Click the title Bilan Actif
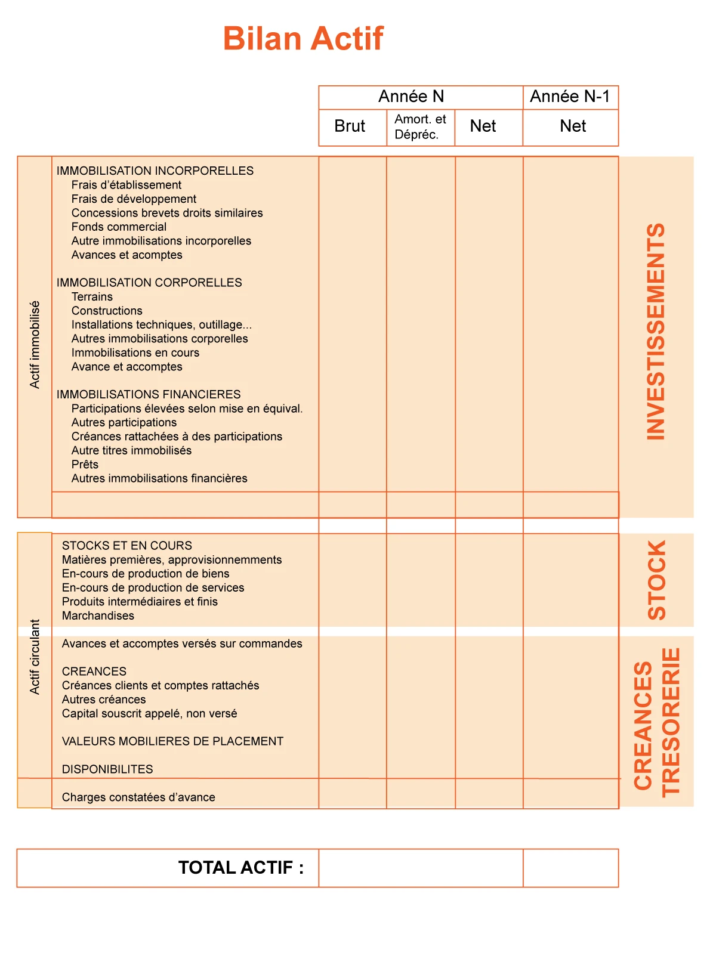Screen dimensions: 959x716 pos(303,39)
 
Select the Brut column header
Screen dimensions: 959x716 pos(350,126)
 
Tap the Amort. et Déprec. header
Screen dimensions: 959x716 pos(420,126)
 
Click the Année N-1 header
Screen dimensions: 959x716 pos(570,97)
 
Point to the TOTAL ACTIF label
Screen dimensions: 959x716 pos(240,867)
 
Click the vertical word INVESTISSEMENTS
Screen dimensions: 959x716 pos(656,332)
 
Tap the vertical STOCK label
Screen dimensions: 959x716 pos(656,580)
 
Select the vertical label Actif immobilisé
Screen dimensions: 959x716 pos(35,345)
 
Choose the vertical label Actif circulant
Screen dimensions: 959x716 pos(35,657)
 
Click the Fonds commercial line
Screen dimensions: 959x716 pos(119,227)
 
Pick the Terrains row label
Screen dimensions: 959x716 pos(92,297)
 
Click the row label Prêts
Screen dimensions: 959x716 pos(85,465)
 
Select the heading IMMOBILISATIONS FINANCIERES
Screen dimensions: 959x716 pos(149,395)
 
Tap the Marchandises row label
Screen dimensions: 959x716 pos(98,615)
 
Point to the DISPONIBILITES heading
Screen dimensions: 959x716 pos(107,769)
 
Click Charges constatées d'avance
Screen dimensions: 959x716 pos(138,797)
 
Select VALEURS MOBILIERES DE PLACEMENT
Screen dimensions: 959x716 pos(172,741)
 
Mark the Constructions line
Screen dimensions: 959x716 pos(107,311)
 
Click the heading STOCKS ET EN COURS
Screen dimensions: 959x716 pos(127,546)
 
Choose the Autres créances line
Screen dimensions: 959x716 pos(104,700)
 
